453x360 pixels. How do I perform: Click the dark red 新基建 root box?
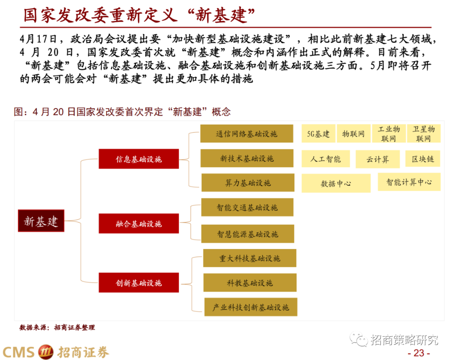(x=41, y=220)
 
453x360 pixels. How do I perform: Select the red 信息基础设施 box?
(x=138, y=159)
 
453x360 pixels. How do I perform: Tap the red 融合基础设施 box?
(x=138, y=224)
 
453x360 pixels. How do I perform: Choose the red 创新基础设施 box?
(x=138, y=283)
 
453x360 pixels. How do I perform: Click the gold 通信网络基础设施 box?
(x=246, y=134)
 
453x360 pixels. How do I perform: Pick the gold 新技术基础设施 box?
(x=247, y=158)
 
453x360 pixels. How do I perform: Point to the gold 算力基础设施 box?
(x=247, y=183)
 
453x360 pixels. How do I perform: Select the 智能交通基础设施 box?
(x=247, y=207)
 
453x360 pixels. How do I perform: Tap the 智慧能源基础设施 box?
(x=247, y=234)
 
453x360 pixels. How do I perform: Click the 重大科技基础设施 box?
(x=250, y=258)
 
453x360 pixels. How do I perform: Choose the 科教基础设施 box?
(x=250, y=283)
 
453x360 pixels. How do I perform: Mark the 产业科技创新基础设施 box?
(x=251, y=307)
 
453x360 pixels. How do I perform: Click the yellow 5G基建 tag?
(x=318, y=134)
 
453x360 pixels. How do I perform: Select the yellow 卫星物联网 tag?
(x=423, y=134)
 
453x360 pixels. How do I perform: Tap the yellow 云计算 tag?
(x=377, y=159)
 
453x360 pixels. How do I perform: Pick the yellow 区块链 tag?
(x=423, y=159)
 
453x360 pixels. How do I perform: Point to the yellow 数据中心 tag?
(x=336, y=183)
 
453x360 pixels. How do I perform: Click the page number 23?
(x=419, y=352)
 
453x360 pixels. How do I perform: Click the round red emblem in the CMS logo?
(x=46, y=352)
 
